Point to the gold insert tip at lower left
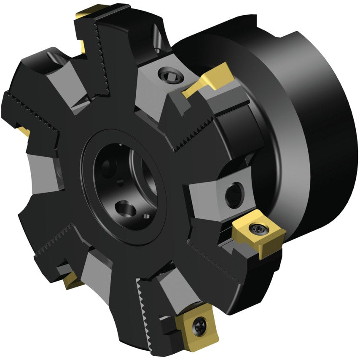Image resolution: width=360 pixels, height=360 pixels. click(x=72, y=280)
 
